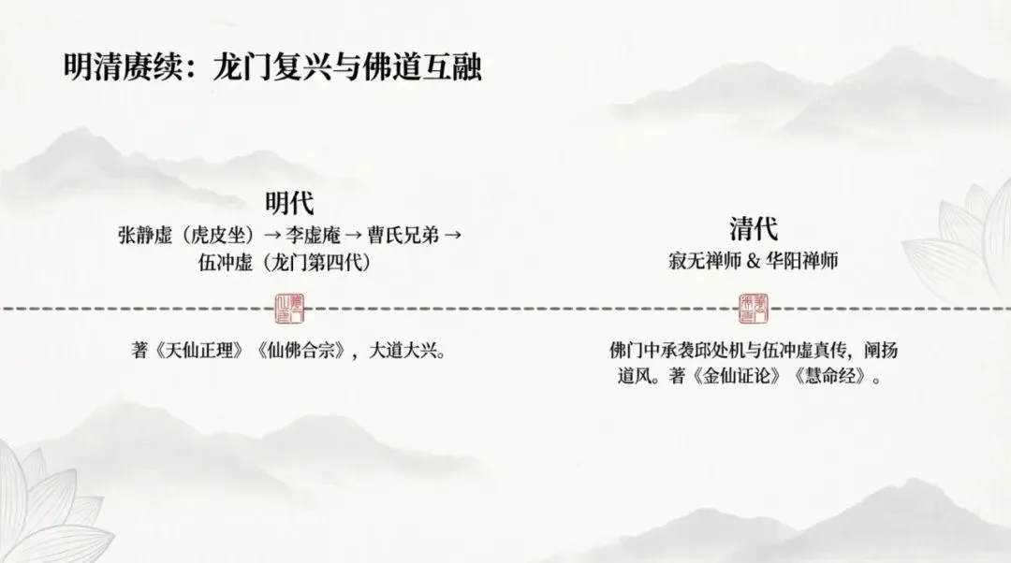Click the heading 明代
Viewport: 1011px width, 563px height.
(287, 203)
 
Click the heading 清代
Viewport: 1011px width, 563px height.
(754, 229)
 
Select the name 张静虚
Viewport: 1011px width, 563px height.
(138, 235)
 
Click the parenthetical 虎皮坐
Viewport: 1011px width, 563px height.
(215, 235)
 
